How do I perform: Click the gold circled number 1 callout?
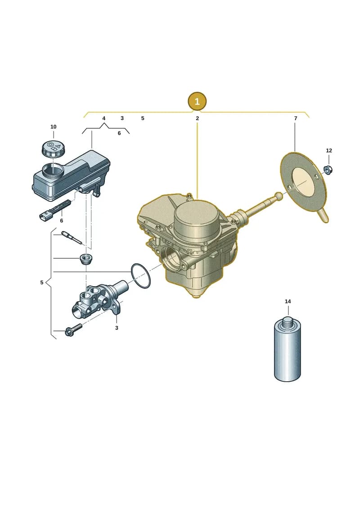[x=197, y=101]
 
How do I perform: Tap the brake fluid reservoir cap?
[x=53, y=149]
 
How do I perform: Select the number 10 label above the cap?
[x=53, y=127]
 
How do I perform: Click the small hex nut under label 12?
[x=328, y=169]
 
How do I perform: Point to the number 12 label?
[x=329, y=151]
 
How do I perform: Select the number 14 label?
[x=288, y=302]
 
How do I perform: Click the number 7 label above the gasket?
[x=295, y=118]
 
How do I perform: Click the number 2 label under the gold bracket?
[x=198, y=118]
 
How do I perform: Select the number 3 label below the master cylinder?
[x=117, y=328]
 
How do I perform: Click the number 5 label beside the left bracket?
[x=41, y=283]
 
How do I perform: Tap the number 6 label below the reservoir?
[x=61, y=221]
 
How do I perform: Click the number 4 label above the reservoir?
[x=104, y=118]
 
